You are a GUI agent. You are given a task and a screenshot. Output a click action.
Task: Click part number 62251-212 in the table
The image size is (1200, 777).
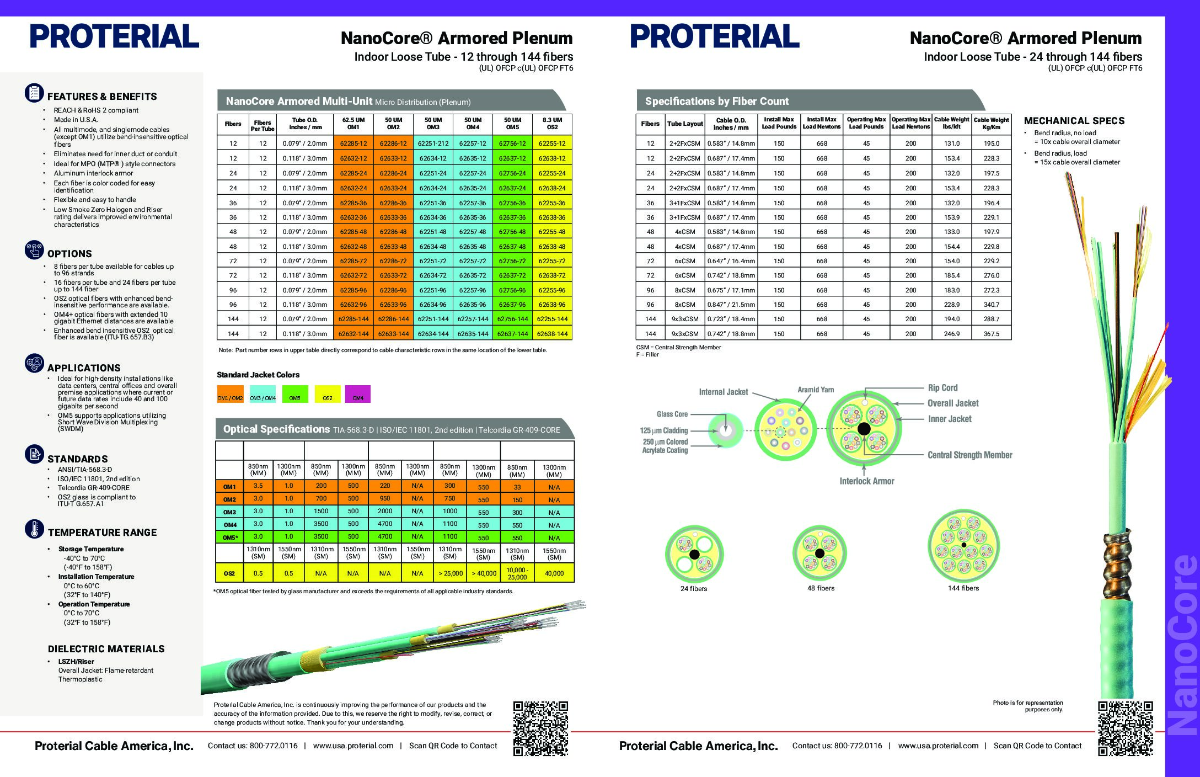433,143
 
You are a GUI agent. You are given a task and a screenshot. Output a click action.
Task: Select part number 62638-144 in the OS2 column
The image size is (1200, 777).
552,334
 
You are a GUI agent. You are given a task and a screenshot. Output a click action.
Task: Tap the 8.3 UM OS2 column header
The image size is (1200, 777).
552,123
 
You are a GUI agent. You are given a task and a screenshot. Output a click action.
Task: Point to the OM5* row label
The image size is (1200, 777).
229,537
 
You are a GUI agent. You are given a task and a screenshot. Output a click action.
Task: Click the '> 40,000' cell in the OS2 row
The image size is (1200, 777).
484,573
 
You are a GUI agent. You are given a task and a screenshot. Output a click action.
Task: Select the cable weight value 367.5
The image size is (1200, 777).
991,334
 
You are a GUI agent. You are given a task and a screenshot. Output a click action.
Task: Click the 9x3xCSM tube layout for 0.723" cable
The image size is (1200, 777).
685,319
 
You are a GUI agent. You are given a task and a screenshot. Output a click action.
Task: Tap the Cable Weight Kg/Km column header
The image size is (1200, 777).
991,123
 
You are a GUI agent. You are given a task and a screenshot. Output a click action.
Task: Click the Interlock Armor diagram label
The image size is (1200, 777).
866,481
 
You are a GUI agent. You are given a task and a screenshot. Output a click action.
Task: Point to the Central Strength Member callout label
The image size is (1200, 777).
969,455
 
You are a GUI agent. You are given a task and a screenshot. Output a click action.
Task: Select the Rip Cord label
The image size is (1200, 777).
942,388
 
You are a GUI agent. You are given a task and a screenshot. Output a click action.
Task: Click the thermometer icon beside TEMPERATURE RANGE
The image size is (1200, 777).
34,529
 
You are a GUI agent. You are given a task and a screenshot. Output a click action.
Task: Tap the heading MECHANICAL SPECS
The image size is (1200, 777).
1074,121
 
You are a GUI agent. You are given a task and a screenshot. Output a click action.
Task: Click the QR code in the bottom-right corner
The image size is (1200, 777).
1125,727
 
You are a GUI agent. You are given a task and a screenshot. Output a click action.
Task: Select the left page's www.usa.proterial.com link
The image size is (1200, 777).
353,746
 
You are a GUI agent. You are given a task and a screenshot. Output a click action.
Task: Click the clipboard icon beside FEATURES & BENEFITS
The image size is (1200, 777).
34,93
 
